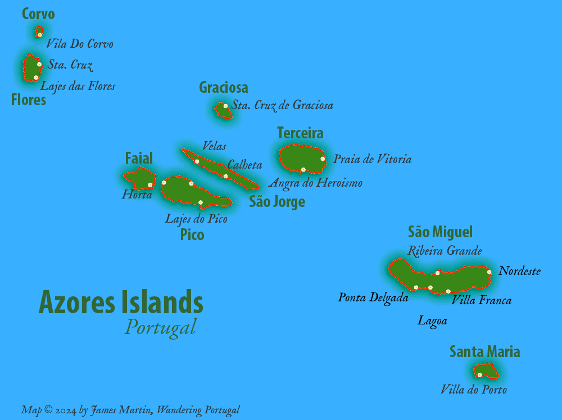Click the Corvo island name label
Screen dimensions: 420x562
pos(38,14)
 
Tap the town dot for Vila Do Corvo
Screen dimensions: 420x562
pos(40,34)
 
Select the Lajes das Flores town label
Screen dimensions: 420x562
pos(78,86)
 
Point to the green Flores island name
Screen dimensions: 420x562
pos(29,100)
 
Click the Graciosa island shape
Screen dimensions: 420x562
pos(223,111)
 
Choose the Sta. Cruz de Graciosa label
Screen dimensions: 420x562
pos(282,105)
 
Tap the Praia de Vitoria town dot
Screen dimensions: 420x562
pos(323,159)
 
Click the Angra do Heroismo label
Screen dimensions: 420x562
pos(315,183)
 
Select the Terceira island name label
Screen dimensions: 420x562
pos(300,133)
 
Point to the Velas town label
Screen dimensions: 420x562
pos(214,146)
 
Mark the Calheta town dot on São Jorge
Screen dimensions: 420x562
pos(225,176)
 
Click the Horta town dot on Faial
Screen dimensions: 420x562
pos(150,184)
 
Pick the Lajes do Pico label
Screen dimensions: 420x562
pos(196,219)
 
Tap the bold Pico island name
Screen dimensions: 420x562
pos(192,235)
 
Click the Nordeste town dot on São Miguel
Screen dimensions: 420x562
pos(490,272)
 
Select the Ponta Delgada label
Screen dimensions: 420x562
pos(373,297)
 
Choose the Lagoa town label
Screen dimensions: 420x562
pos(432,320)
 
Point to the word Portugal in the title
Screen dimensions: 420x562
pos(160,327)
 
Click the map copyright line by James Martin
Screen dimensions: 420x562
pos(130,410)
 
